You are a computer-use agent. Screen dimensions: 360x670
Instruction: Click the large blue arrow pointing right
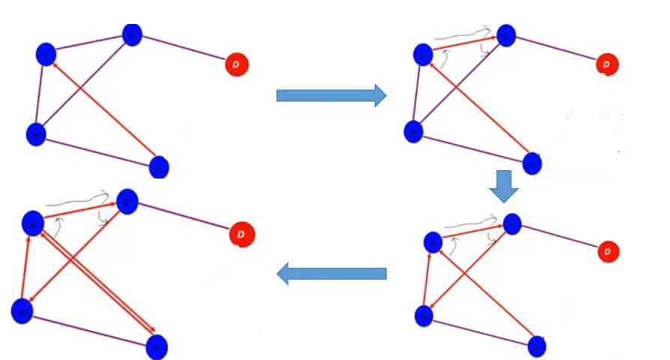tap(331, 95)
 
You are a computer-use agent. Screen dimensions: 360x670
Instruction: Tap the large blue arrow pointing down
tap(504, 186)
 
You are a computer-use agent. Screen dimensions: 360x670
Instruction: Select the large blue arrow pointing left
tap(331, 274)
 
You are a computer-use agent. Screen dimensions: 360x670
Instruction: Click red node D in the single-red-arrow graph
tap(236, 65)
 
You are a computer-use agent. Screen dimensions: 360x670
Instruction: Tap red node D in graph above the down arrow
tap(607, 65)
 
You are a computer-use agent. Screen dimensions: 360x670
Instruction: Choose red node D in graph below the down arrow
tap(608, 251)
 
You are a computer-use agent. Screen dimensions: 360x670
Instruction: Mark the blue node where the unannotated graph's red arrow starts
tap(159, 166)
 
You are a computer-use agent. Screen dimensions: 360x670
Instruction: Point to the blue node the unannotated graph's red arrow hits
tap(46, 54)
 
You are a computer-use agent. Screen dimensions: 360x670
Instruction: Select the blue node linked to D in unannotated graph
tap(132, 34)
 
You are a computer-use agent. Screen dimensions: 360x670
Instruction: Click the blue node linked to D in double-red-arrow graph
tap(127, 201)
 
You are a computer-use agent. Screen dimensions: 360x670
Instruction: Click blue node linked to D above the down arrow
tap(506, 35)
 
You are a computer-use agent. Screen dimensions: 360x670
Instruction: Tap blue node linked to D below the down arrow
tap(512, 223)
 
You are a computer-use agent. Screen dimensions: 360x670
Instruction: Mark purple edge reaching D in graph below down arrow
tap(559, 237)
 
